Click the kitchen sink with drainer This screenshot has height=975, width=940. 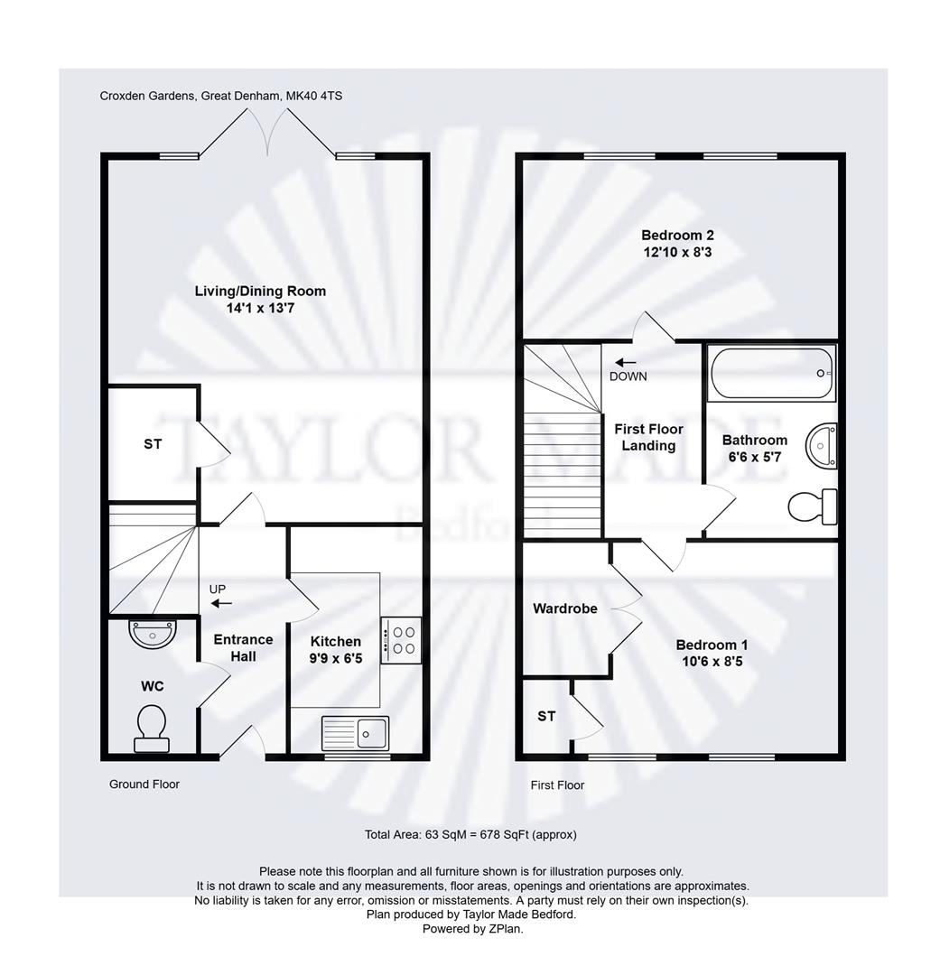[x=355, y=732]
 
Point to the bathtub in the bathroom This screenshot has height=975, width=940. [x=772, y=374]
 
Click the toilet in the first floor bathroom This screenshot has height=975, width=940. [x=812, y=506]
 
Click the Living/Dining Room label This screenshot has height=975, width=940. [x=260, y=291]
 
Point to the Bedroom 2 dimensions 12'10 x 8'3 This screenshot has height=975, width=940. [x=677, y=252]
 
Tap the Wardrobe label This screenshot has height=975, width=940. [x=564, y=608]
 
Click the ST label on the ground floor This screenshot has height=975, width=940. [x=153, y=444]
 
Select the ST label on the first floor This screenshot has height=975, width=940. [x=546, y=716]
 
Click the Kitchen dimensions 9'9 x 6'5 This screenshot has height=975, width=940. [x=336, y=659]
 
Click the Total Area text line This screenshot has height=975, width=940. [x=470, y=834]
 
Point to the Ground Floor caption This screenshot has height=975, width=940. [x=144, y=784]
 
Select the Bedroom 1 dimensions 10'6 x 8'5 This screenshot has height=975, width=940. [x=712, y=661]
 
